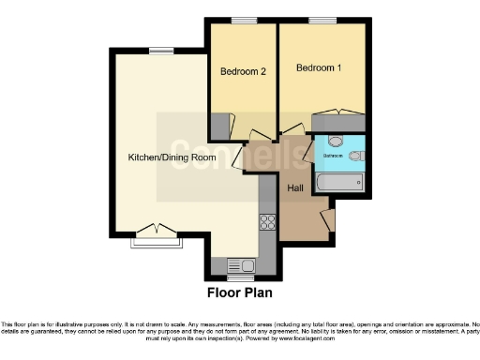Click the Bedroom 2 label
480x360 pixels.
point(244,71)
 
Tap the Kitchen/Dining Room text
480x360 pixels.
point(172,157)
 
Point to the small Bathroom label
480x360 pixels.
point(333,155)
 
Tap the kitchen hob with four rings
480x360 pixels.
point(266,222)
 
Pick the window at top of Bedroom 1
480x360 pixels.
point(322,21)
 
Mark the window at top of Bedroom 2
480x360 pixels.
point(245,21)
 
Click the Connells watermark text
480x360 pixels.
point(215,150)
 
